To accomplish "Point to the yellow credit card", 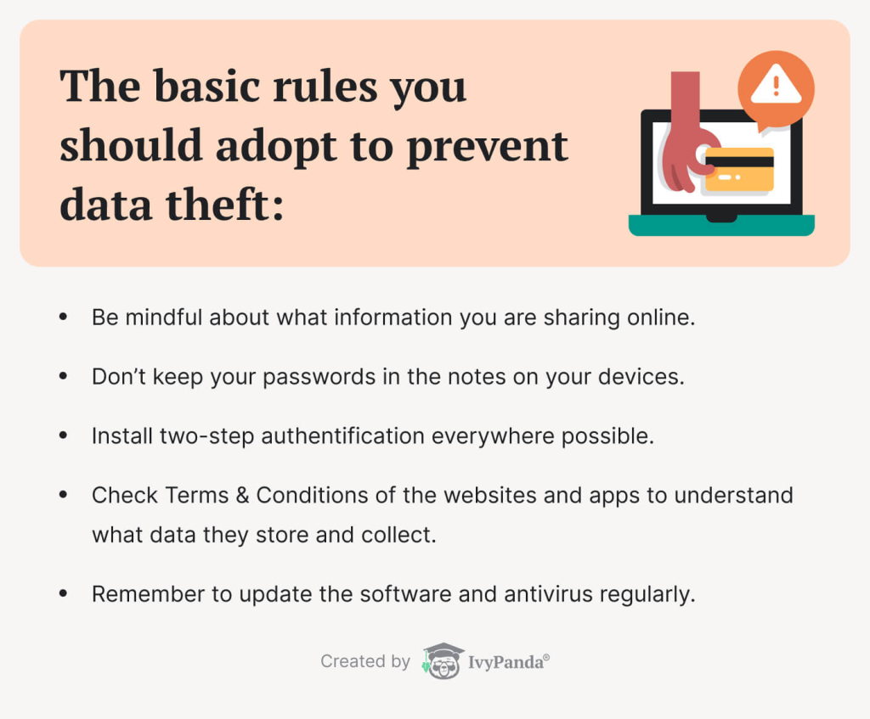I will pos(739,167).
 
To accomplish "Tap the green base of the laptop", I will pos(721,226).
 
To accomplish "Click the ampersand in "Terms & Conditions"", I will pos(242,495).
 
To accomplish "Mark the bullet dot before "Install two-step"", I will pos(63,435).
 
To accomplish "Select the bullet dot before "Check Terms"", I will pos(63,495).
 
